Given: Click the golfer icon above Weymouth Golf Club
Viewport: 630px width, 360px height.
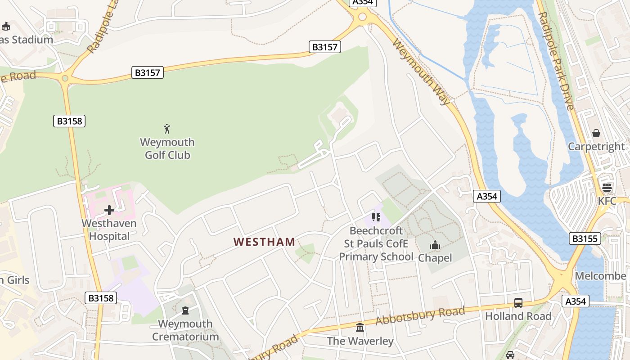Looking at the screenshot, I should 167,129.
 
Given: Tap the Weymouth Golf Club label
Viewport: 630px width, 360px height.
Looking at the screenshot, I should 167,149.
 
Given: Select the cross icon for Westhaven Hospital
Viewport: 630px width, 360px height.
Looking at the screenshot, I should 109,210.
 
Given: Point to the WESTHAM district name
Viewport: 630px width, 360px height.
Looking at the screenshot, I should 264,242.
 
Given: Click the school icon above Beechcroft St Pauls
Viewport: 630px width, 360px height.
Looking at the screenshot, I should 376,218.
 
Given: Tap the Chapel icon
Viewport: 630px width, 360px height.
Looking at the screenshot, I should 435,245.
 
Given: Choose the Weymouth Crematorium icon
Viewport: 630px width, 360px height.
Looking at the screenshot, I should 185,310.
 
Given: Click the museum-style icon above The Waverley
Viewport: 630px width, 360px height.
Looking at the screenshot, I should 360,328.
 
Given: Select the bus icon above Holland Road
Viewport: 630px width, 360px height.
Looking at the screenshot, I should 518,303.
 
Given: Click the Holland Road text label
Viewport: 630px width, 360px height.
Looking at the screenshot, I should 518,316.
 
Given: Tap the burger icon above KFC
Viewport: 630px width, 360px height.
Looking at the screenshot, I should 607,188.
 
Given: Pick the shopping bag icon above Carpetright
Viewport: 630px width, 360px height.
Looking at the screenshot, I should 596,133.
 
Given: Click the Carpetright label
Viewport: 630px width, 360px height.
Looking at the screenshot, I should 596,147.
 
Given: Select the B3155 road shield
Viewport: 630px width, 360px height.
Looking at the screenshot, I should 585,238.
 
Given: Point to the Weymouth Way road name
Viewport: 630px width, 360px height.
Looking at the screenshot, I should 421,72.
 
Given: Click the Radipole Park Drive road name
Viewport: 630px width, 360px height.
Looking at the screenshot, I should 556,61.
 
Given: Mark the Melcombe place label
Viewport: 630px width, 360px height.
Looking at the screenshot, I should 600,276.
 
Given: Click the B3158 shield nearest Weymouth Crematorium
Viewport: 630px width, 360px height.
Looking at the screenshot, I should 101,298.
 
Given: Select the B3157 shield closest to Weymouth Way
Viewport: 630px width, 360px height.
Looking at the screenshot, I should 325,47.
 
